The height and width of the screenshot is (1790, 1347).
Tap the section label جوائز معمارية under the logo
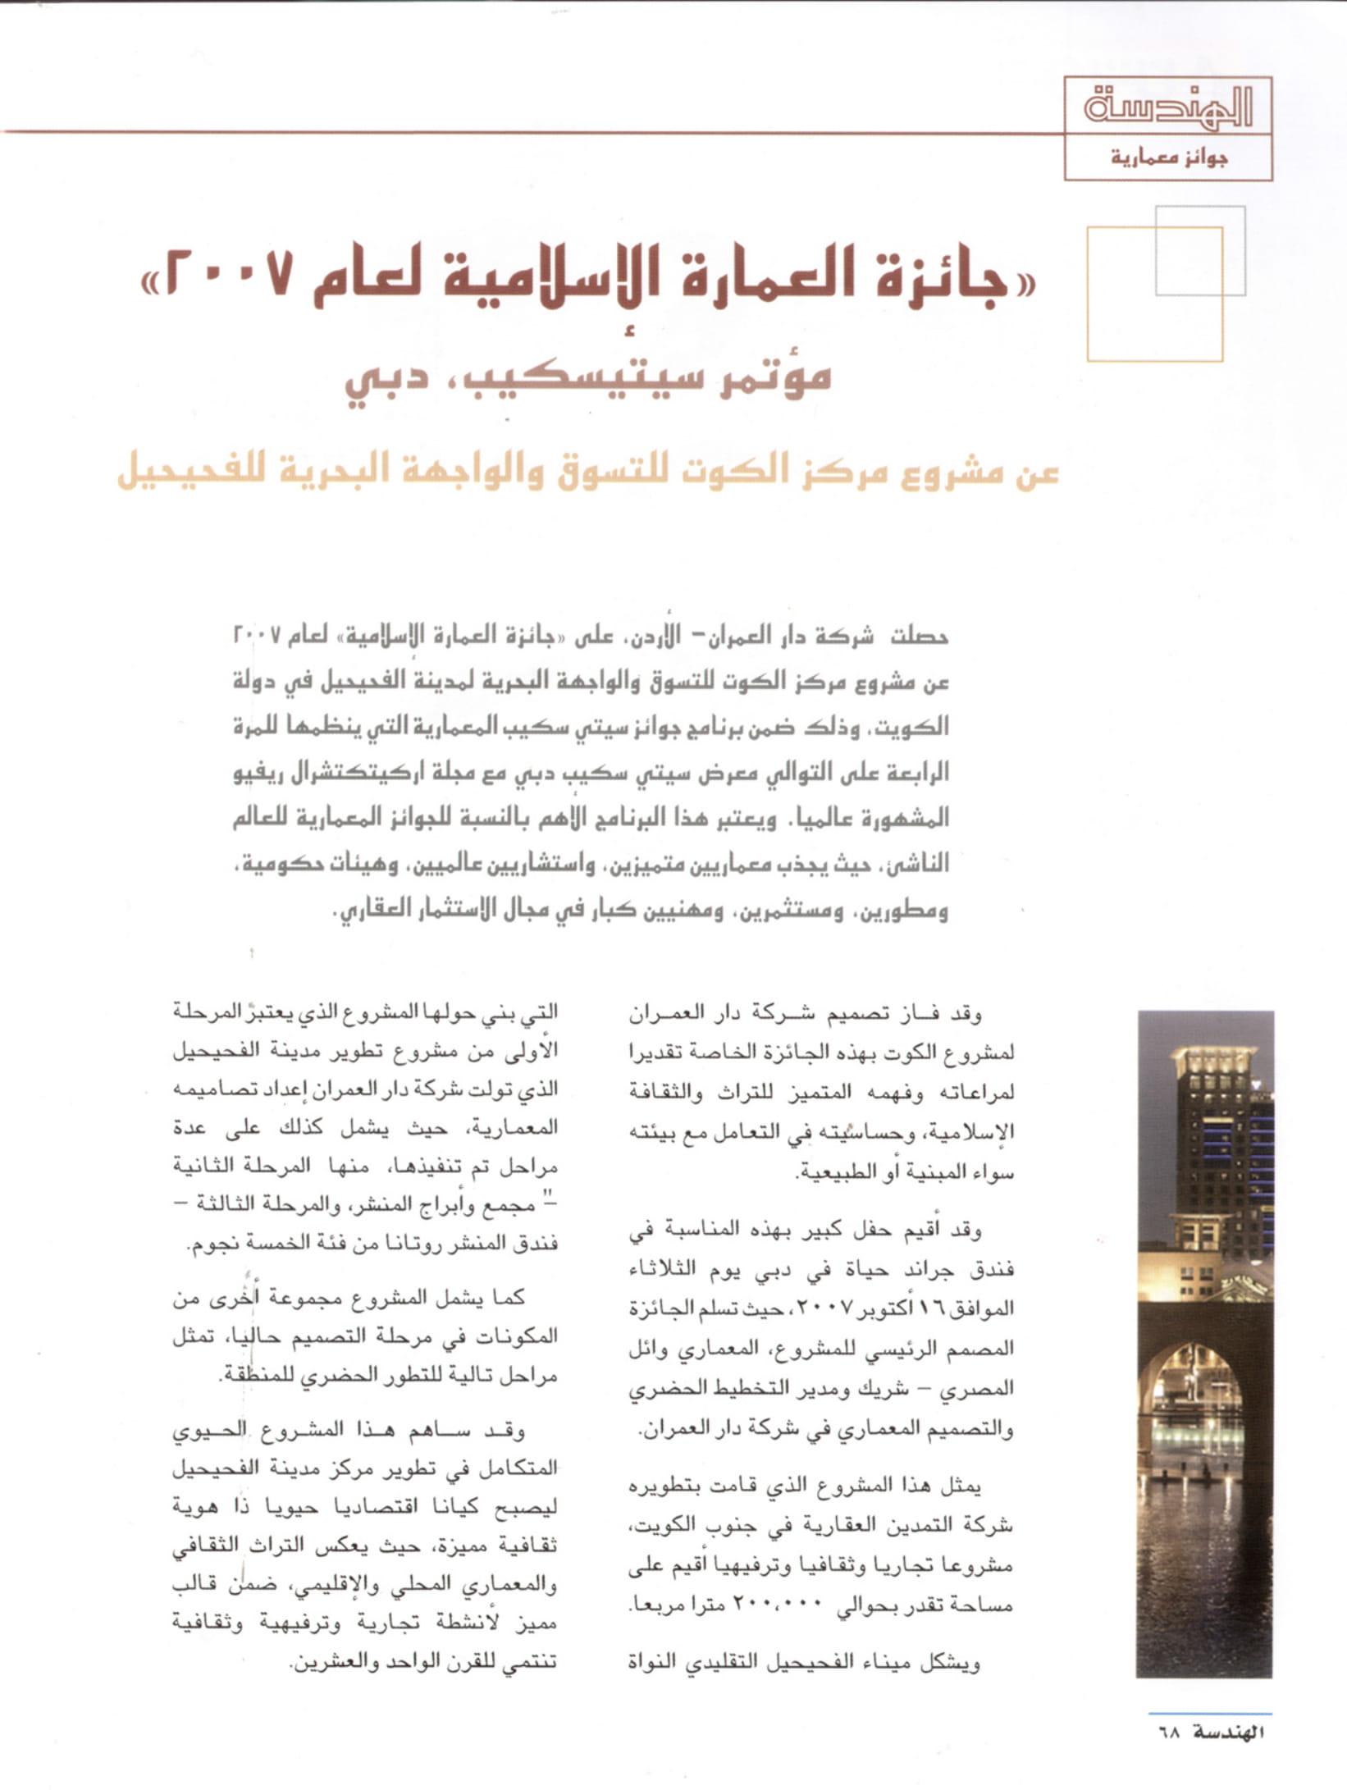pos(1169,157)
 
